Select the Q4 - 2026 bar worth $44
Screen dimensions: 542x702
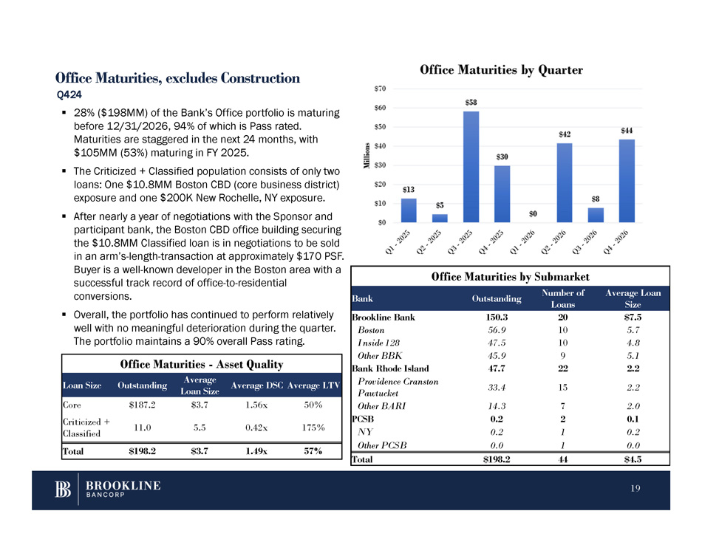(627, 180)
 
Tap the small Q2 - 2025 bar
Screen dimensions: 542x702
(440, 217)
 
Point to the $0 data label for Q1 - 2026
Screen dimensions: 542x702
(533, 214)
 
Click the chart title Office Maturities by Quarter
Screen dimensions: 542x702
(502, 70)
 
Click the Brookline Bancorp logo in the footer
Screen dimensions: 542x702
(106, 490)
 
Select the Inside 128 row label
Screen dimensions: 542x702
(378, 343)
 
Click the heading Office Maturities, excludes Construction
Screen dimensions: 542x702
(177, 78)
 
